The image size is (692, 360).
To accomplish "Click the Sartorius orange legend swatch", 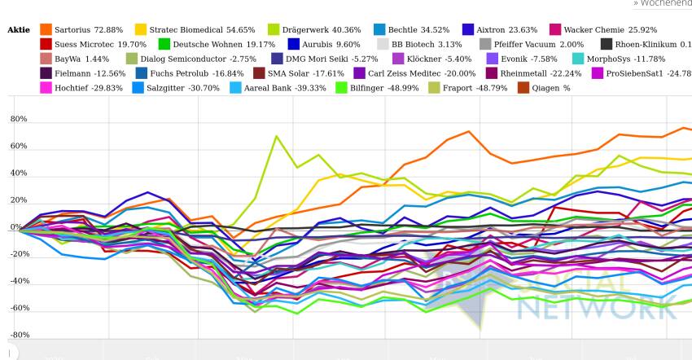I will point(46,29).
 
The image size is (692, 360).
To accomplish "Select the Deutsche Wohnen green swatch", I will point(164,44).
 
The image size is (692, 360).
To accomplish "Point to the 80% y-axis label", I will point(18,120).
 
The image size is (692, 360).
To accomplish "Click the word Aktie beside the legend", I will point(18,30).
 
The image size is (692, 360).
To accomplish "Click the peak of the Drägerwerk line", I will point(277,136).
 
